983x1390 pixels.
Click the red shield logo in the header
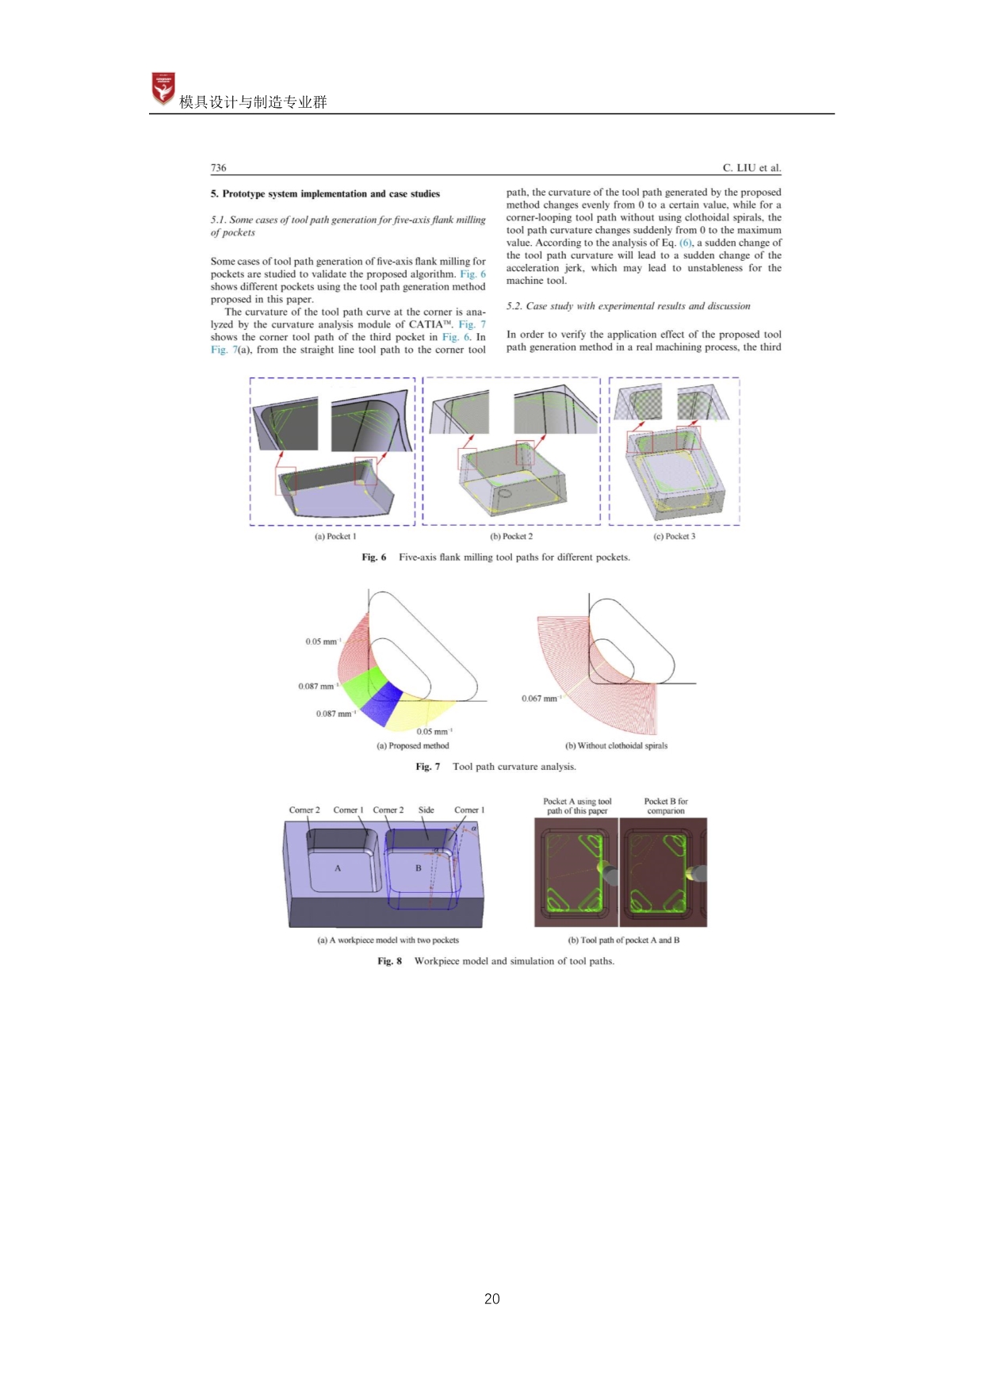[x=163, y=89]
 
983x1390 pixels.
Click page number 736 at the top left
[x=218, y=167]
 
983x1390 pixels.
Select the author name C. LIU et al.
[x=752, y=167]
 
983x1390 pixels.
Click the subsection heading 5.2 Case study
[x=628, y=306]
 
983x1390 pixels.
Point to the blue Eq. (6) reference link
[x=686, y=243]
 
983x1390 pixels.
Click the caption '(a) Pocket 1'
[x=335, y=536]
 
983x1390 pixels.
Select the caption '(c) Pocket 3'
[x=674, y=536]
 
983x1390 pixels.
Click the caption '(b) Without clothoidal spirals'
[x=616, y=745]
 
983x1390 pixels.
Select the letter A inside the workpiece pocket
[x=338, y=868]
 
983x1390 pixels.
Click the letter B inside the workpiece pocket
[x=419, y=868]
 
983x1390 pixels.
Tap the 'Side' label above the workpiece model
[x=426, y=810]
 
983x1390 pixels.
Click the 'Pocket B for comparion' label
[x=666, y=806]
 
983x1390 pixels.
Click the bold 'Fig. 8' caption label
[x=389, y=961]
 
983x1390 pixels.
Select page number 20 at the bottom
[x=491, y=1299]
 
